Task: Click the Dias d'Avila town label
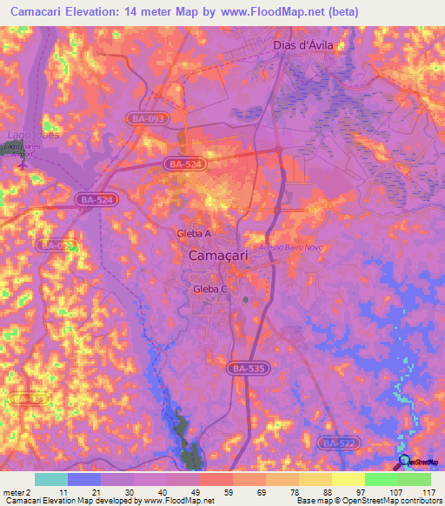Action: click(x=303, y=44)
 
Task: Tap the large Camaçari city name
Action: click(x=222, y=256)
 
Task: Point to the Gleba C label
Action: click(x=211, y=289)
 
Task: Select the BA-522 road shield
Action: click(x=340, y=443)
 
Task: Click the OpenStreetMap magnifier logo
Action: click(x=404, y=462)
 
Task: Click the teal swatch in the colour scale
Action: click(x=51, y=479)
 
